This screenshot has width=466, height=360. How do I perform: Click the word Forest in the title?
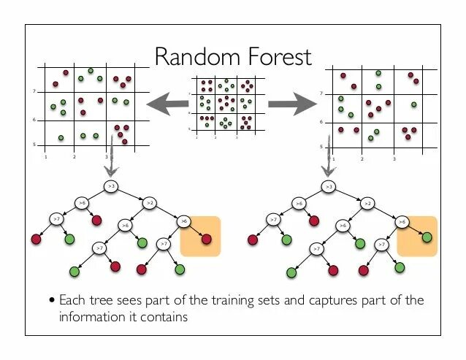tap(278, 56)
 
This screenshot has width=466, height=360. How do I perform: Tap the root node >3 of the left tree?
tap(111, 187)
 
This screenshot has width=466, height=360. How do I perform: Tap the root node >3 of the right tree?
tap(329, 188)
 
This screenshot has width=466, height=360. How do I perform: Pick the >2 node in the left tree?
tap(149, 202)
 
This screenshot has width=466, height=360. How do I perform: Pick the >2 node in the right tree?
tap(367, 203)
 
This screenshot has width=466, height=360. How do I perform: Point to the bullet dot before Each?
tap(52, 301)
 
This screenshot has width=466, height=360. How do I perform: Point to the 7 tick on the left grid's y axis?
tap(35, 91)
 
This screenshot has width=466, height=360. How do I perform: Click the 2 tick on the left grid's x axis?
tap(75, 156)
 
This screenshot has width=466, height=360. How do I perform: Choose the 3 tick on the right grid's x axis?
tap(394, 158)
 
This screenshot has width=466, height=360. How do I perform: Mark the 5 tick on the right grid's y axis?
tap(322, 147)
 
